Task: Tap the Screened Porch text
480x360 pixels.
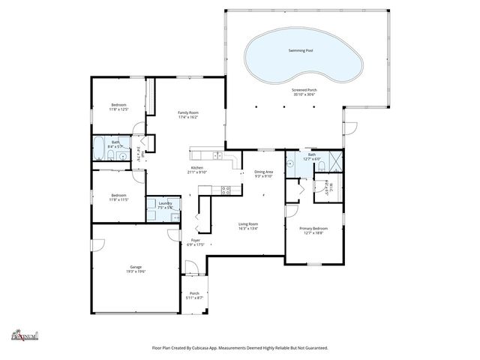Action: pyautogui.click(x=304, y=89)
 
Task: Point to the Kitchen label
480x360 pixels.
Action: pyautogui.click(x=197, y=168)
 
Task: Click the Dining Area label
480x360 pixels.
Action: pyautogui.click(x=263, y=172)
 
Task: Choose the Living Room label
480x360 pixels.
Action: pyautogui.click(x=248, y=223)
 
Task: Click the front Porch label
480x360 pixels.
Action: pyautogui.click(x=193, y=293)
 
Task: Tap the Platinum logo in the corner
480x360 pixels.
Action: pyautogui.click(x=24, y=335)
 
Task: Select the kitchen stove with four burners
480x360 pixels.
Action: pyautogui.click(x=224, y=190)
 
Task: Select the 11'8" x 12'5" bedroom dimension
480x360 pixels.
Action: pyautogui.click(x=118, y=109)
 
